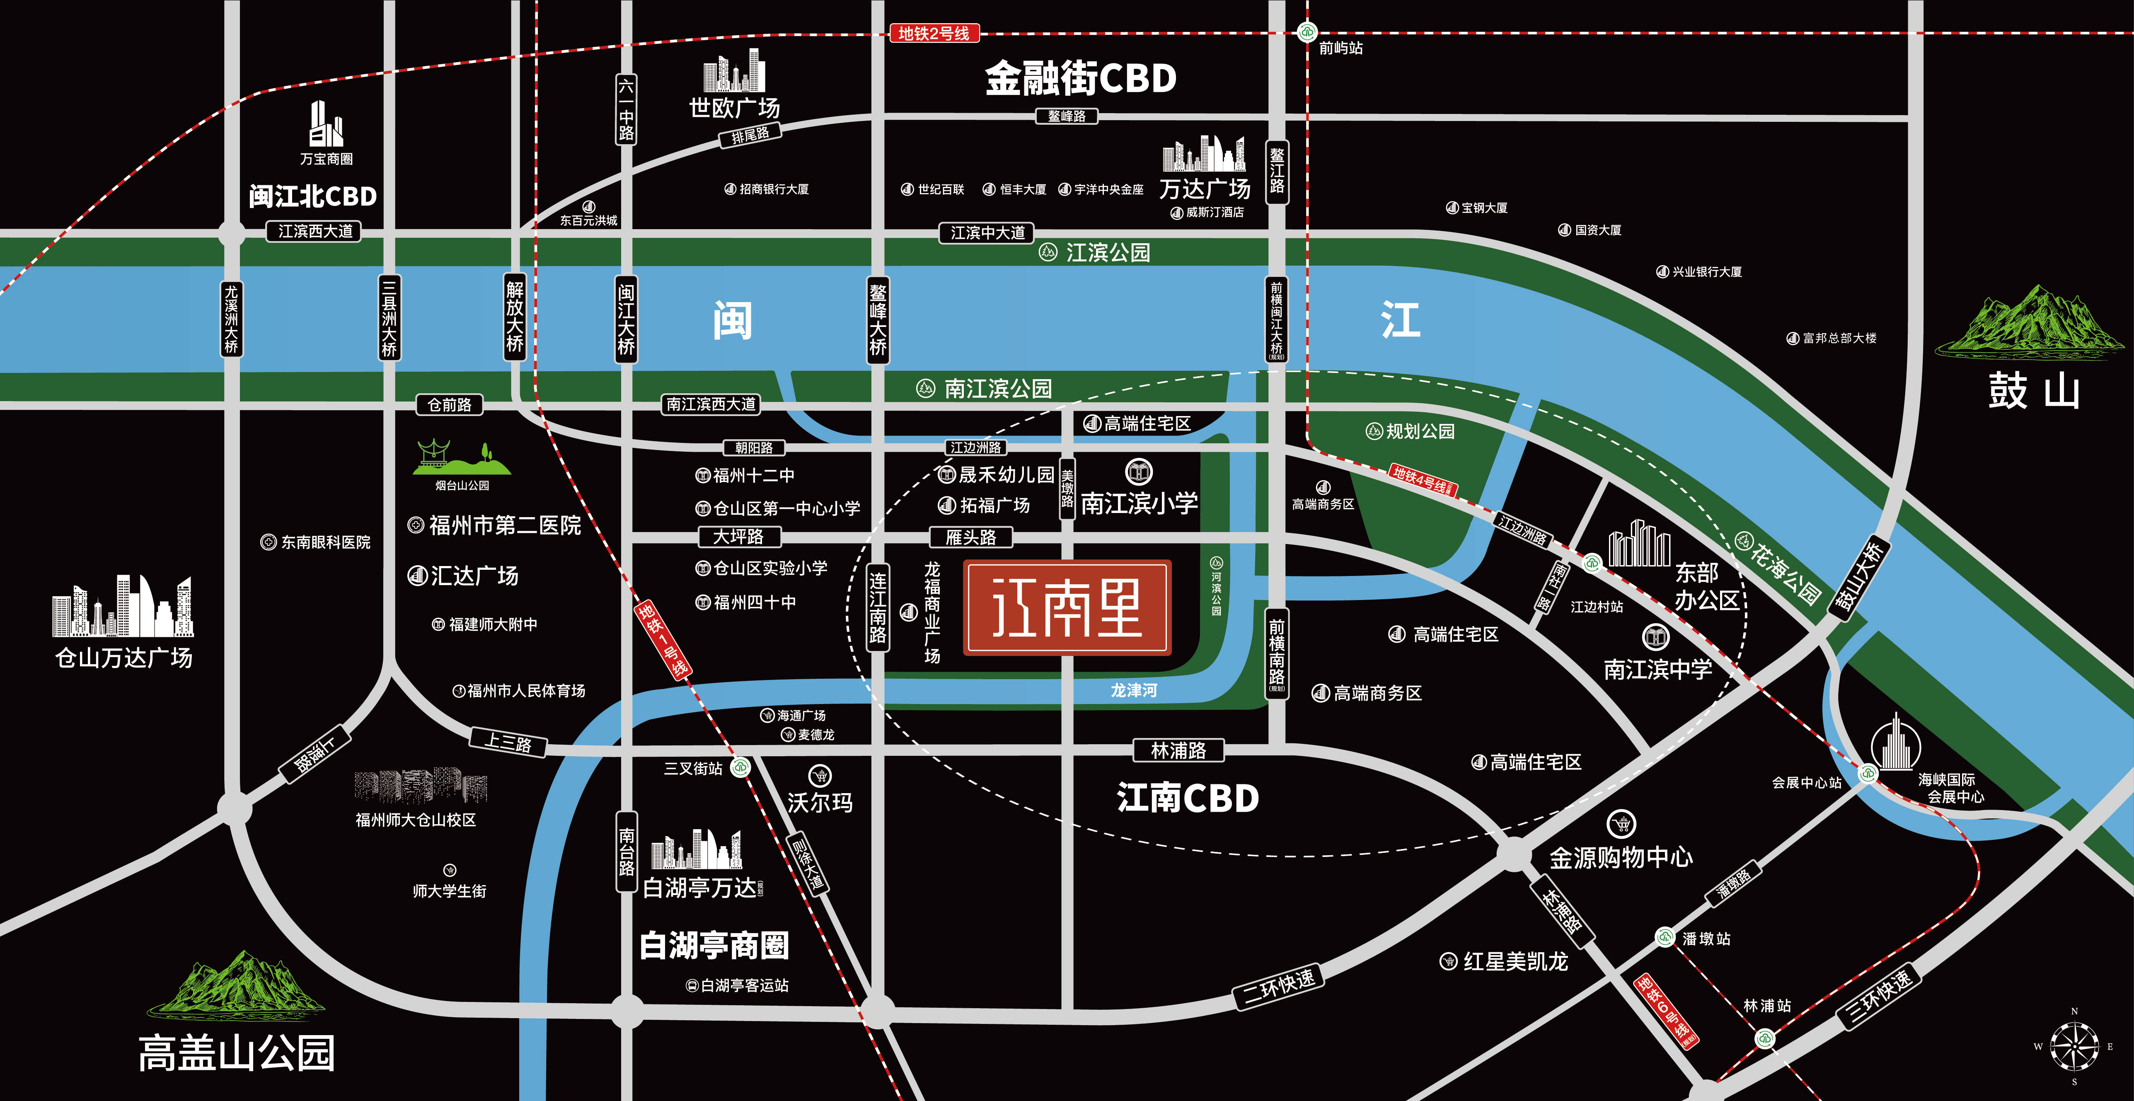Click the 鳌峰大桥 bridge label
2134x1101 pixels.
click(x=877, y=319)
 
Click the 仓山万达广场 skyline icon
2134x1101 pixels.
click(x=123, y=606)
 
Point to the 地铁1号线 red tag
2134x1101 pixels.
click(x=663, y=639)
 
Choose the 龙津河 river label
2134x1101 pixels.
click(x=1133, y=690)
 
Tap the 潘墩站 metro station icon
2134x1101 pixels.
click(x=1665, y=937)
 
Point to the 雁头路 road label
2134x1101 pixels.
click(x=971, y=537)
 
